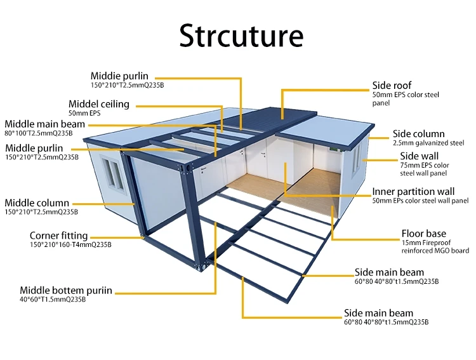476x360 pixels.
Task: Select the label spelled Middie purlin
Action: coord(119,76)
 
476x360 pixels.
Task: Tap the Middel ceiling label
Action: coord(98,103)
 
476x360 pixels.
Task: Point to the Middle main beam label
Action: coord(44,124)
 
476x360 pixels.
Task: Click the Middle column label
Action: coord(37,203)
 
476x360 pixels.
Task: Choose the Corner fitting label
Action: coord(59,236)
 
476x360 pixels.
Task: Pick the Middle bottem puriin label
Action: coord(65,290)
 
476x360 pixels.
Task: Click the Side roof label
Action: coord(392,85)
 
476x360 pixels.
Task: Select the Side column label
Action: coord(418,133)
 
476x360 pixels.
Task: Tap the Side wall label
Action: coord(420,156)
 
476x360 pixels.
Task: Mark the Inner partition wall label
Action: coord(413,191)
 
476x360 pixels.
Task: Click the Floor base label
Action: coord(423,233)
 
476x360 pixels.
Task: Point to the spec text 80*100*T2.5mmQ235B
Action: coord(39,133)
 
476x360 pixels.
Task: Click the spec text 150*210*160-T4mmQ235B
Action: coord(70,244)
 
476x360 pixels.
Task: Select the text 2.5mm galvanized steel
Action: coord(428,143)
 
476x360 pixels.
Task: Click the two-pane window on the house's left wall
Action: coord(112,171)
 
